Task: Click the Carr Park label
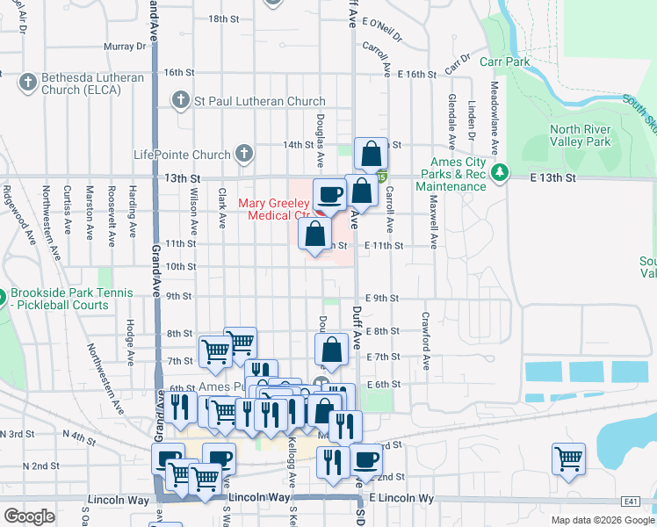click(505, 62)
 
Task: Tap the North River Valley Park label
click(580, 135)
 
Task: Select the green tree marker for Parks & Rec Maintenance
click(500, 170)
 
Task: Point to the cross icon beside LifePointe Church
click(243, 155)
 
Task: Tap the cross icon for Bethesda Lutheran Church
click(26, 83)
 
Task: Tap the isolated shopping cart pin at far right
click(568, 458)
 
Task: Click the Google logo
click(30, 516)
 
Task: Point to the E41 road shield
click(630, 501)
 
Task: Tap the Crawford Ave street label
click(425, 329)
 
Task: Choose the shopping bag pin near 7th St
click(331, 350)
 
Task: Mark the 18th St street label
click(224, 18)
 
